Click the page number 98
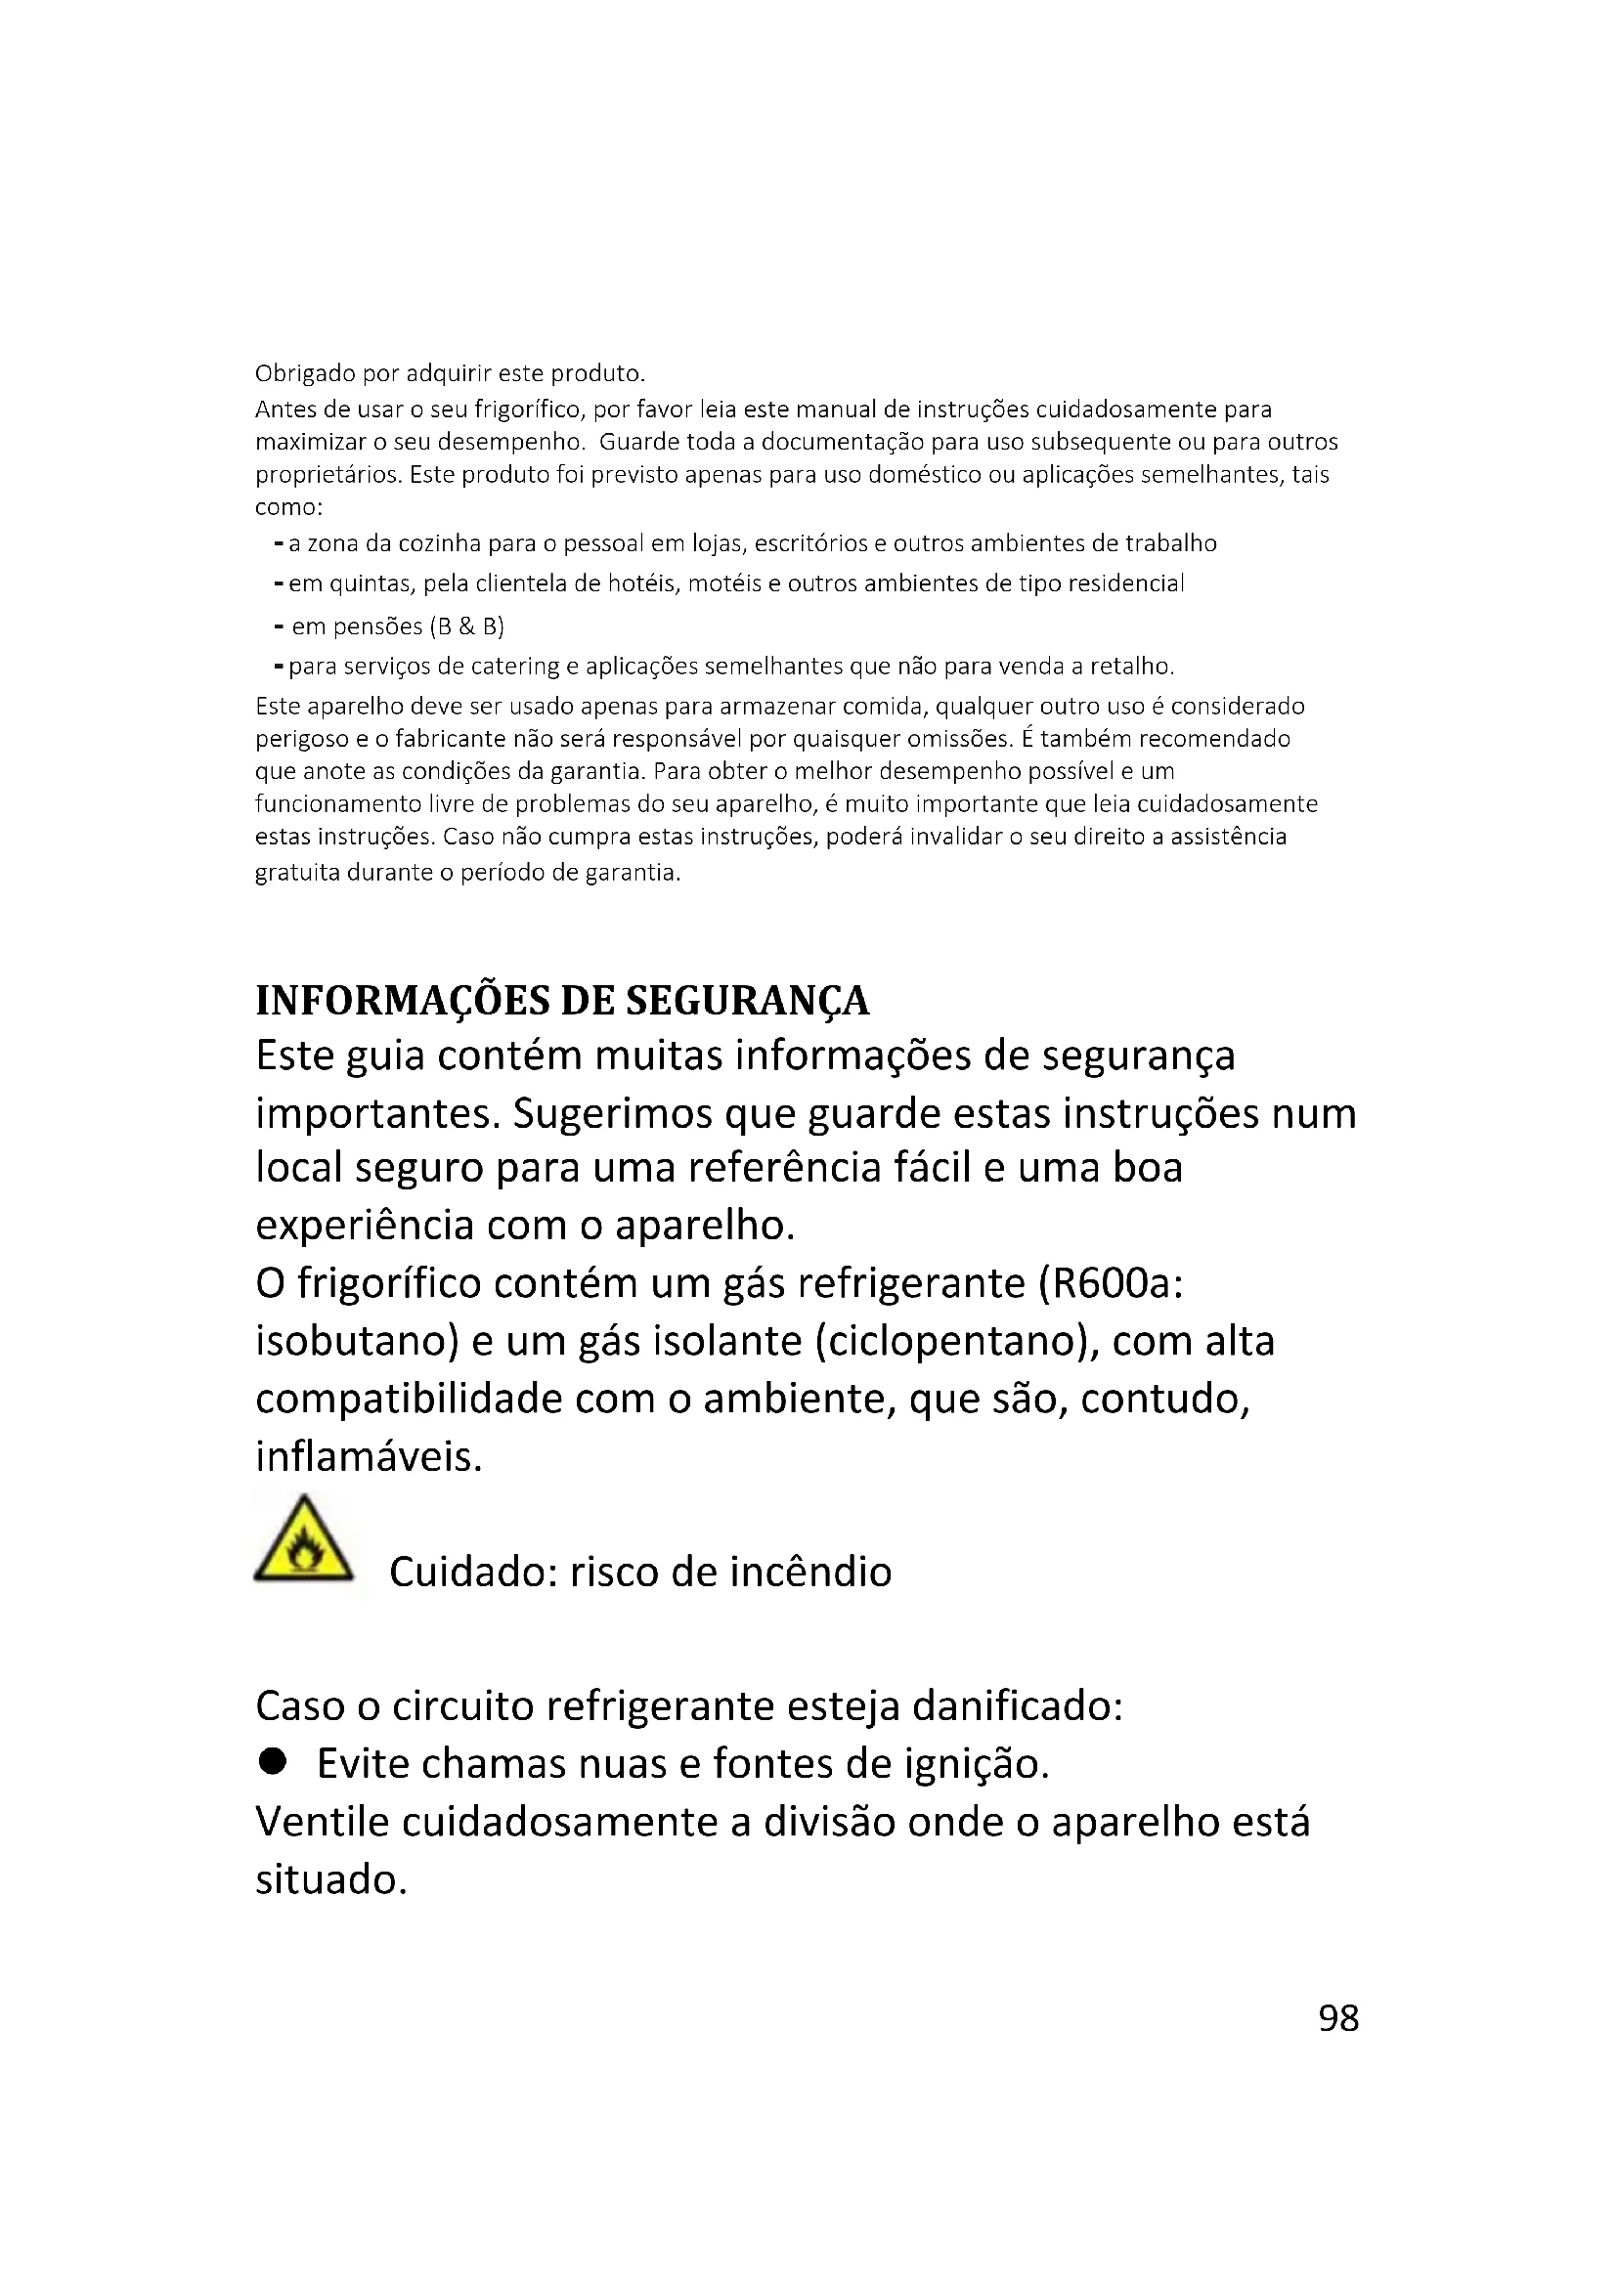[1338, 2018]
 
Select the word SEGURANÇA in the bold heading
[747, 1002]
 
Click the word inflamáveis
[369, 1456]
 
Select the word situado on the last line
[330, 1880]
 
